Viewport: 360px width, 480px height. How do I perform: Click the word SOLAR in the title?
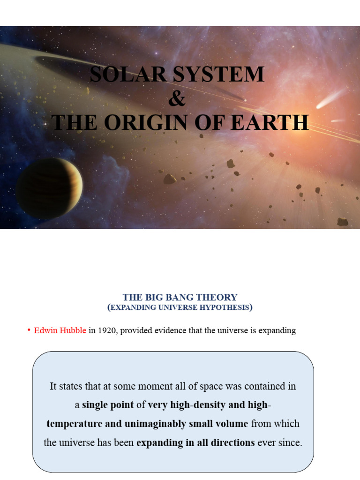[128, 75]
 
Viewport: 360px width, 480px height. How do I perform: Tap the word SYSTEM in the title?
[218, 75]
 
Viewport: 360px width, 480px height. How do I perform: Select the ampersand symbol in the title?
[177, 98]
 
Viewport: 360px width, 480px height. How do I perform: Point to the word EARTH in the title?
[270, 122]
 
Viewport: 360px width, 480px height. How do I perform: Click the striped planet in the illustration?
[49, 188]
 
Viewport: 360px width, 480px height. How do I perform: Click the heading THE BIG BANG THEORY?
[180, 297]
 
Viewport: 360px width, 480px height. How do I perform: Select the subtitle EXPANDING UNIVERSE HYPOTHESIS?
[180, 307]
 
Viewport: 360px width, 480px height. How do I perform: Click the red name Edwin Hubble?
[60, 330]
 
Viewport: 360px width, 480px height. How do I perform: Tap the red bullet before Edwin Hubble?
[29, 330]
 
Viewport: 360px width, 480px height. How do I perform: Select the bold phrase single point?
[108, 405]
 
